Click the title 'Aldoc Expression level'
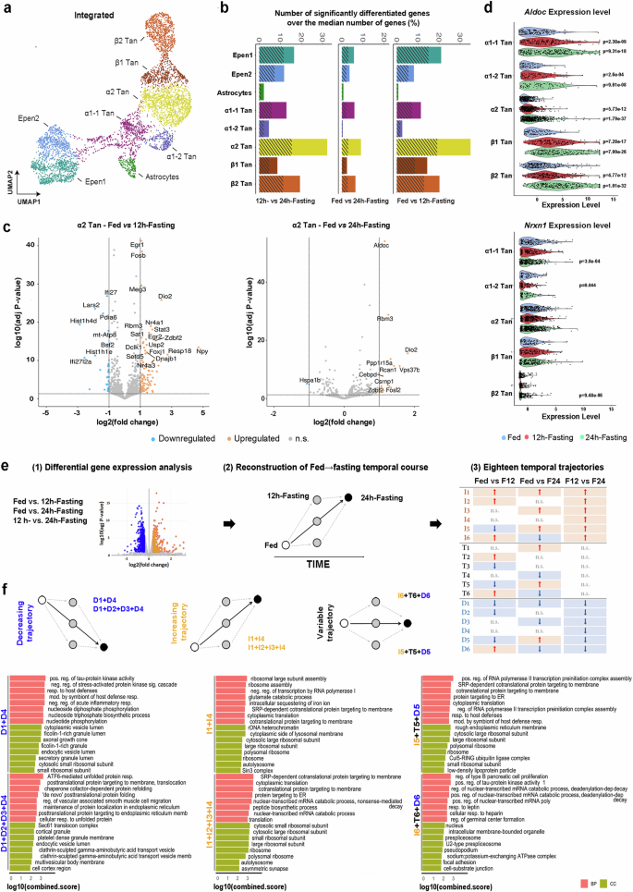pyautogui.click(x=551, y=10)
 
